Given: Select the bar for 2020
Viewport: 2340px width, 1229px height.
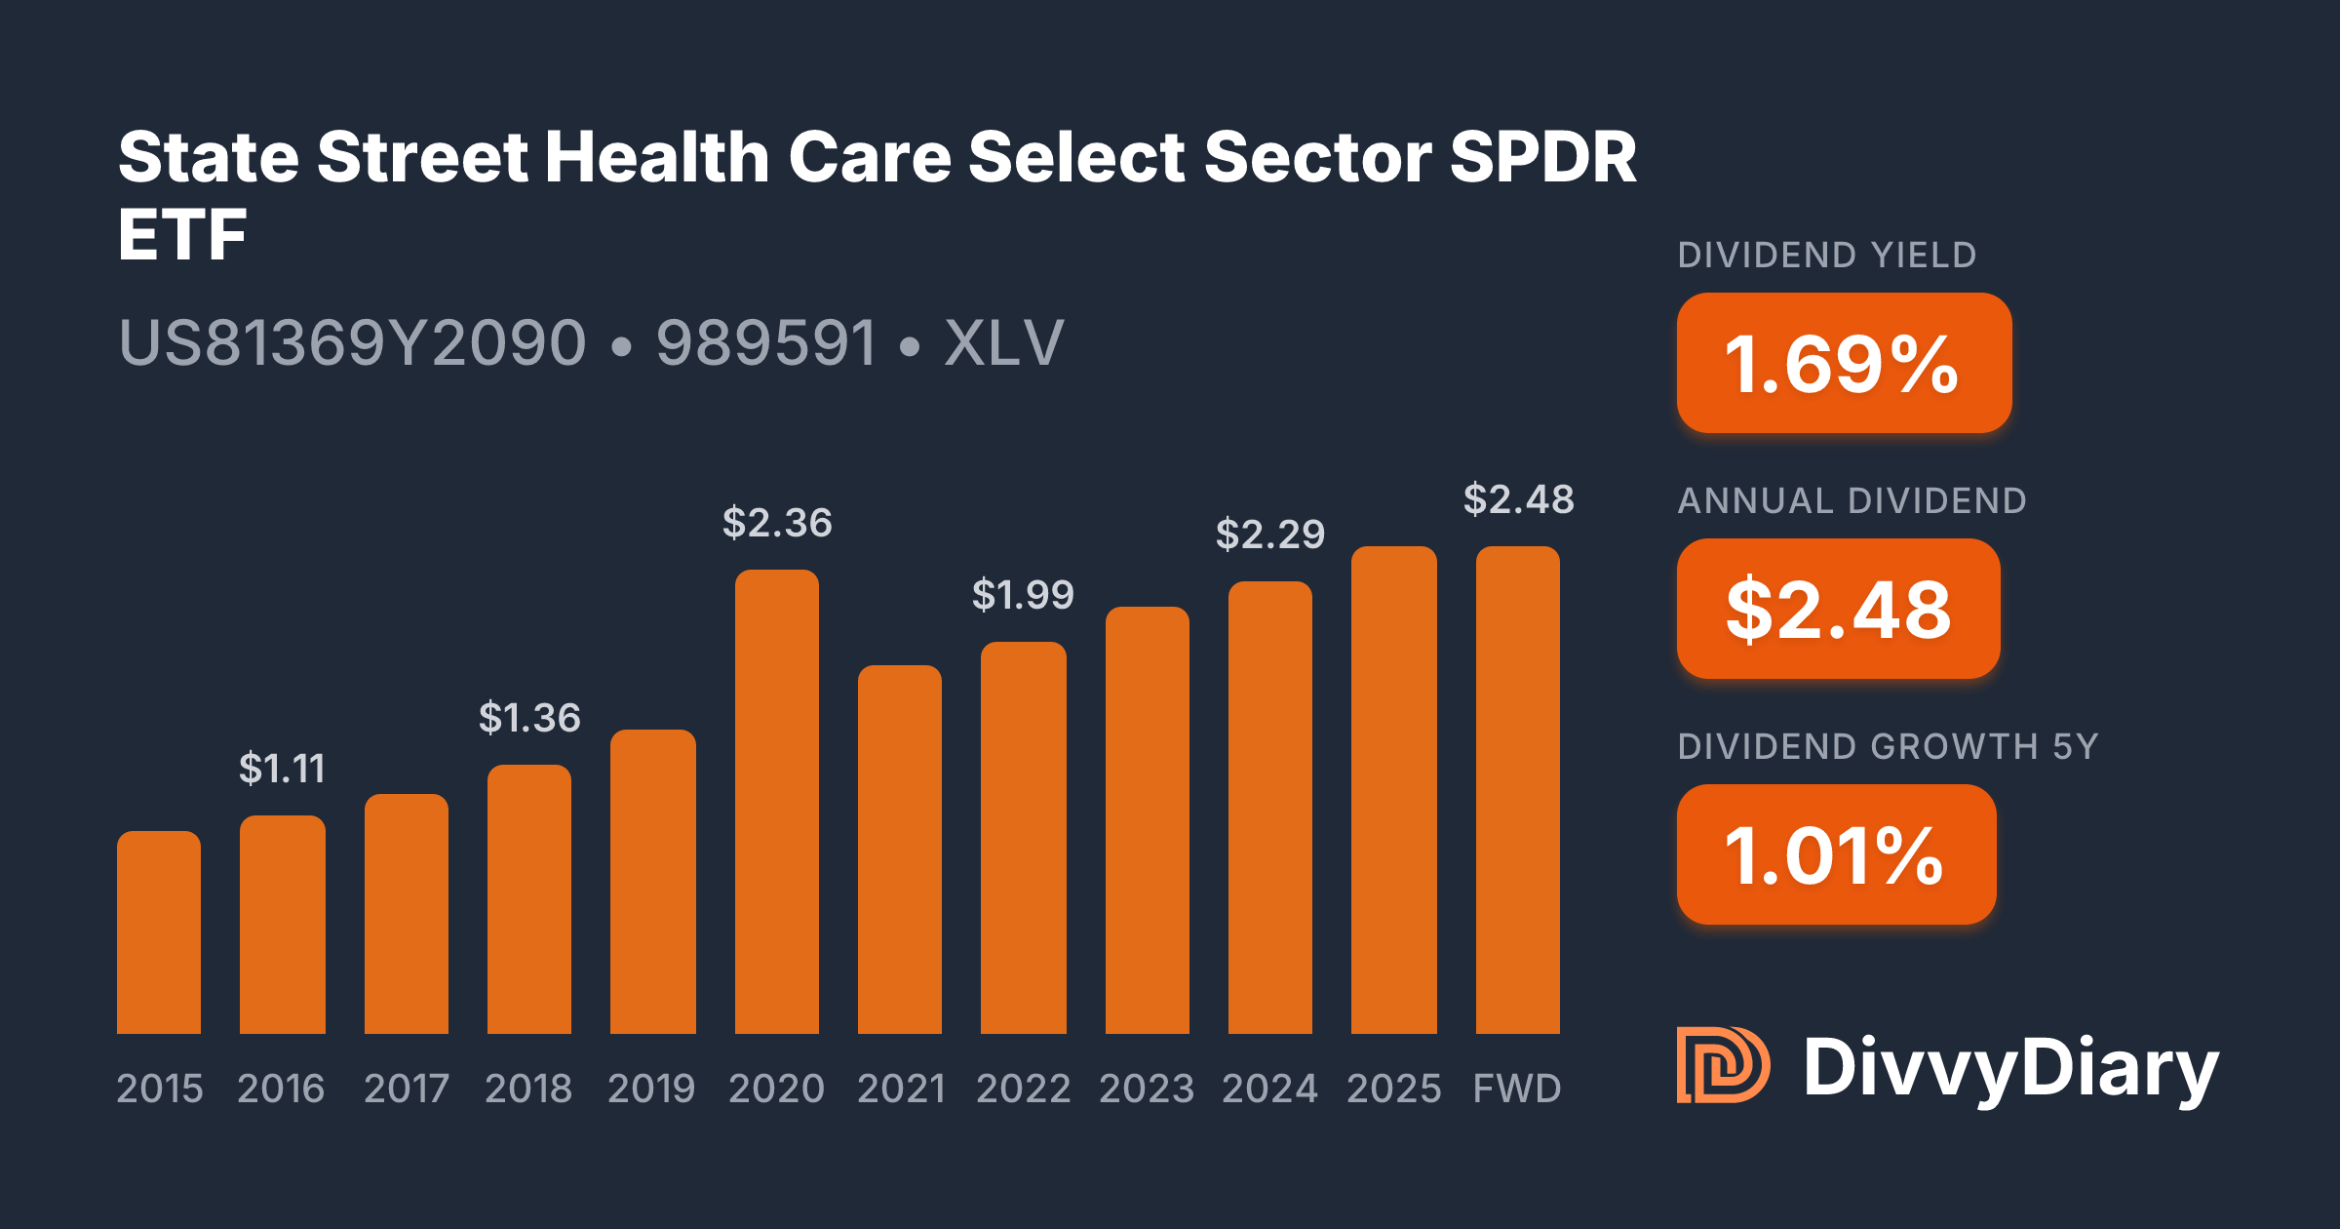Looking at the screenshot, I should tap(776, 802).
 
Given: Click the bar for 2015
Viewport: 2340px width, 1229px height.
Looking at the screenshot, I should tap(159, 932).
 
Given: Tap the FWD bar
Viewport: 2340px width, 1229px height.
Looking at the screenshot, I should tap(1517, 790).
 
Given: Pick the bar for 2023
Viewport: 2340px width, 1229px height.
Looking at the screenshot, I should tap(1147, 820).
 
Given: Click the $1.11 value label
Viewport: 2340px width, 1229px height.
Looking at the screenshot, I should tap(282, 769).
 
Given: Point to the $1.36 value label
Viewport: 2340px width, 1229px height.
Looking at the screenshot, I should tap(529, 718).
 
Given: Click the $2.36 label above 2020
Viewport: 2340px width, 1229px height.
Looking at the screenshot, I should tap(777, 523).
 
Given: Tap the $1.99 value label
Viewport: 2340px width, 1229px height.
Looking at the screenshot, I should tap(1023, 594).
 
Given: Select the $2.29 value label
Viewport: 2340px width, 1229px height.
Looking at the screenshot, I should tap(1269, 535).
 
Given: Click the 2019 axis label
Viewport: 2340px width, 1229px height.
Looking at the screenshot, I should tap(651, 1089).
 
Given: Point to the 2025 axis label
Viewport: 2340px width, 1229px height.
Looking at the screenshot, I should tap(1393, 1089).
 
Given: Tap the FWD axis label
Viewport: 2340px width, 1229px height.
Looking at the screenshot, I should tap(1517, 1089).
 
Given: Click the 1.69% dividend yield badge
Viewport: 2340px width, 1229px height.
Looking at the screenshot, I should tap(1844, 363).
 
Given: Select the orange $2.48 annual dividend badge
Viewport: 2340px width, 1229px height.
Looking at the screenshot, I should tap(1838, 609).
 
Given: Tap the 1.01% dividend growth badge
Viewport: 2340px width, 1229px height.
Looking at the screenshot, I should tap(1836, 854).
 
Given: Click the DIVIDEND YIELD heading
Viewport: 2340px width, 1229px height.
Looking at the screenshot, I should tap(1826, 256).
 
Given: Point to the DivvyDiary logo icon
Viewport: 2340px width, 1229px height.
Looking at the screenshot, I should tap(1723, 1065).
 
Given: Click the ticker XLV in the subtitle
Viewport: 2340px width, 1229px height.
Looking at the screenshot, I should tap(1003, 343).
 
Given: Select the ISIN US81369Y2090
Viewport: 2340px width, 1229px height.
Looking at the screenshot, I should tap(352, 343).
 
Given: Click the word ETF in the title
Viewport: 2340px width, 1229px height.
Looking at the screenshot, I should tap(182, 235).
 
